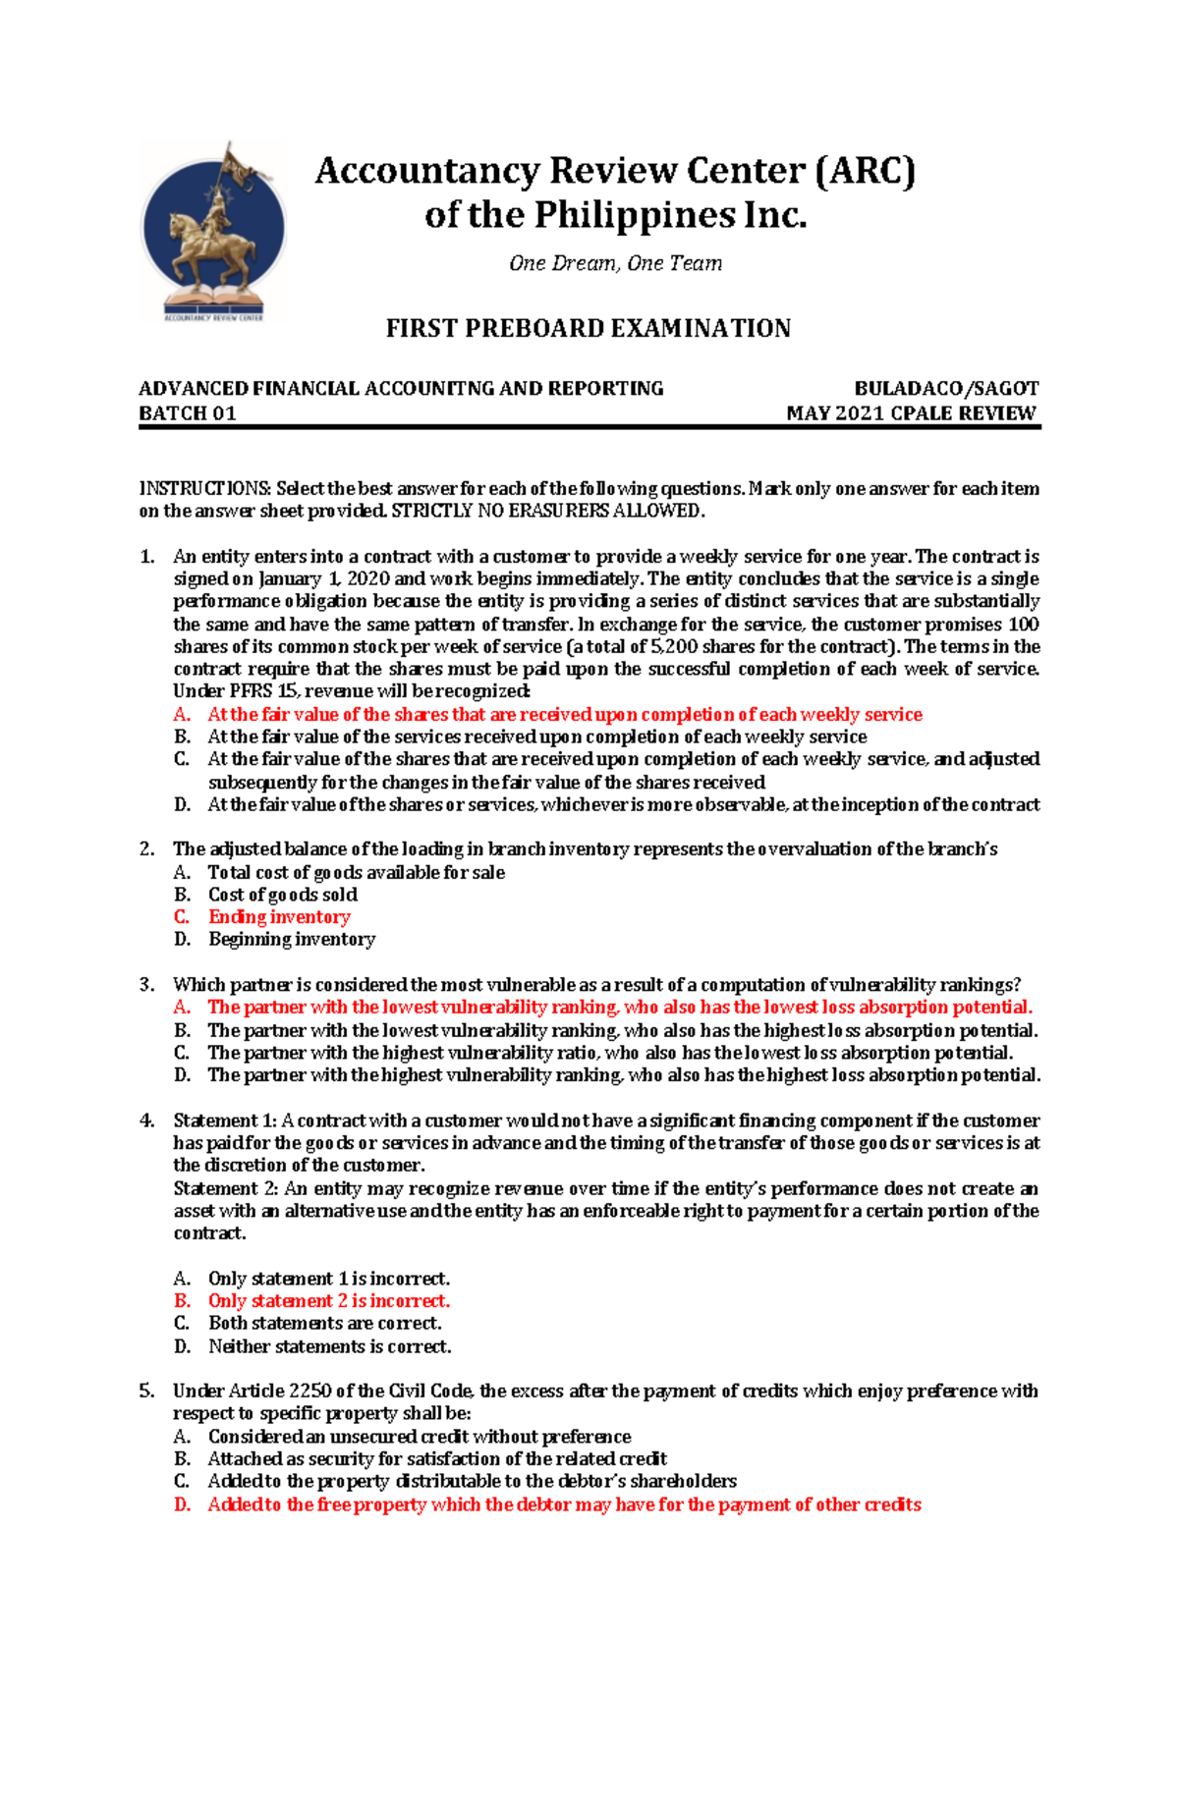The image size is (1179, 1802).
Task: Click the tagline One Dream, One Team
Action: click(x=615, y=263)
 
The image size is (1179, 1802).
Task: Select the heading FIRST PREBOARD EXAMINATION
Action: click(x=588, y=328)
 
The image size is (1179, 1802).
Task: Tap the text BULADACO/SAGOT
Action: click(x=946, y=389)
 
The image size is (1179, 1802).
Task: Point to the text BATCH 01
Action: click(x=188, y=413)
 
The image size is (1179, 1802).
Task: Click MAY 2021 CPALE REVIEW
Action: click(x=911, y=413)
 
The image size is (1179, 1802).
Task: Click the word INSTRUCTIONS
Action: click(x=205, y=488)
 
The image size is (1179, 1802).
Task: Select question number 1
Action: click(x=147, y=557)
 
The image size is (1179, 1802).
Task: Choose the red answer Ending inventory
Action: click(x=279, y=917)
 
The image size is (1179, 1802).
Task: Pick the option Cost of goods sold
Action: click(x=283, y=895)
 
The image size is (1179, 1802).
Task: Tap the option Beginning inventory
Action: click(x=292, y=940)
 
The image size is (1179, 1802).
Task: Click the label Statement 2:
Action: click(x=226, y=1188)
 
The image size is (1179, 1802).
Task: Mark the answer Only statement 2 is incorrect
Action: click(x=329, y=1301)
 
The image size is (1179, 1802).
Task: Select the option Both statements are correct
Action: click(x=325, y=1324)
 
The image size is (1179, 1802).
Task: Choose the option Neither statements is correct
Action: click(x=330, y=1346)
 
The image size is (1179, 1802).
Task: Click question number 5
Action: click(x=147, y=1392)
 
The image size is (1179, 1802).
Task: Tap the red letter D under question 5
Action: click(x=182, y=1504)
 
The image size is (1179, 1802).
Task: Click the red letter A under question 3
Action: click(x=182, y=1008)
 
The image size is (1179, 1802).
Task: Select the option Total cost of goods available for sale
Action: click(x=357, y=872)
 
